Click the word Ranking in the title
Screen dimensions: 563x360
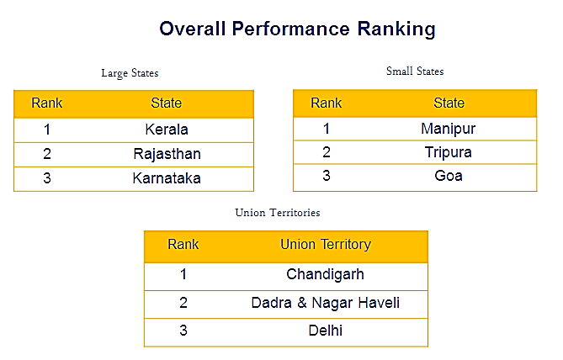pos(396,29)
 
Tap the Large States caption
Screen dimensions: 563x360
pos(130,73)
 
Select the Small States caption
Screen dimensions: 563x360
pos(415,71)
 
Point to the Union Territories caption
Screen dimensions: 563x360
pos(278,213)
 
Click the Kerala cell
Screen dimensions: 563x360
pos(167,130)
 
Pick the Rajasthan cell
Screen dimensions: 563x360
pos(167,154)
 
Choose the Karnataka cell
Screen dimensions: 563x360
pos(167,178)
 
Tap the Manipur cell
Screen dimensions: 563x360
pos(448,130)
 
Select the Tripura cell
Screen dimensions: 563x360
pos(448,152)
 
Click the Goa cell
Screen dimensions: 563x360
pos(449,176)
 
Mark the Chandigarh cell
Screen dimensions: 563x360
pos(326,275)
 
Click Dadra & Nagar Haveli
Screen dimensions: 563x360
pos(326,303)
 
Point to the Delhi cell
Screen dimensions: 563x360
pos(326,331)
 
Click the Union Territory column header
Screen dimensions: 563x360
pos(326,245)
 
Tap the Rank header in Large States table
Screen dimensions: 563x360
pos(46,103)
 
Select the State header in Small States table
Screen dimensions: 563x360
pos(449,103)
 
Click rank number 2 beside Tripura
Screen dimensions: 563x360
pos(327,152)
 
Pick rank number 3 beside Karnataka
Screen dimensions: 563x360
pos(47,178)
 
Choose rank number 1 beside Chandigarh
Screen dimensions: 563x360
pos(183,274)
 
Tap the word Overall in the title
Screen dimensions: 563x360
pos(193,29)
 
